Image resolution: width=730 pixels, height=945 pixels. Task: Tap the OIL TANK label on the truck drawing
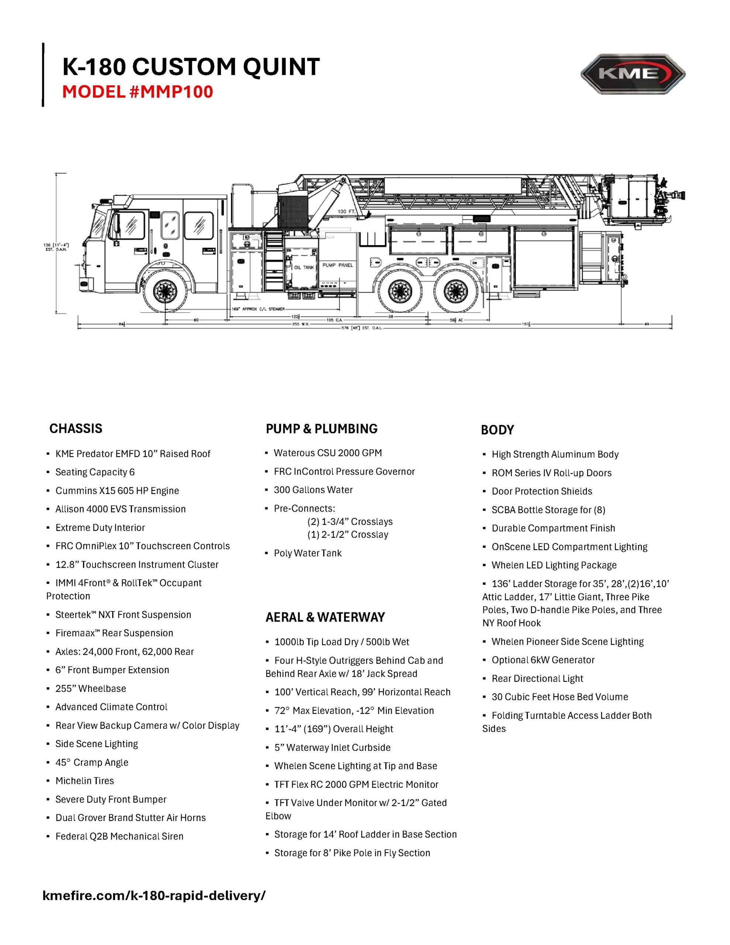pyautogui.click(x=304, y=267)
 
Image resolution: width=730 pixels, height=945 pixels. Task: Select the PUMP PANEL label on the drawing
pyautogui.click(x=338, y=265)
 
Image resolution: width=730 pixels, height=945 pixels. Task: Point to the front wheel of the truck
pyautogui.click(x=165, y=291)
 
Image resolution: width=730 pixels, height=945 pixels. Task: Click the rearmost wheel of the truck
pyautogui.click(x=453, y=291)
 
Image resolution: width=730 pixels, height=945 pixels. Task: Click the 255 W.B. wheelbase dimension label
pyautogui.click(x=301, y=324)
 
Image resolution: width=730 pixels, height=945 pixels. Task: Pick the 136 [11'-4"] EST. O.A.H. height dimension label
pyautogui.click(x=56, y=247)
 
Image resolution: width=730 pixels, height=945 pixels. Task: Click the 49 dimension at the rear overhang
pyautogui.click(x=647, y=324)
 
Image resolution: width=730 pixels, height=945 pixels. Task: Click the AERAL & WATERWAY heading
pyautogui.click(x=325, y=617)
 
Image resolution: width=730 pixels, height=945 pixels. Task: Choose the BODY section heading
pyautogui.click(x=497, y=430)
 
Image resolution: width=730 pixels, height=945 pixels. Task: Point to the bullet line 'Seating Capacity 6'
pyautogui.click(x=95, y=472)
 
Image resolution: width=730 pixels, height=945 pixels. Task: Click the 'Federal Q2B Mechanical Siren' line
pyautogui.click(x=119, y=836)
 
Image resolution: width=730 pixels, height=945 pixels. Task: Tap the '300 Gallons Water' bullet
pyautogui.click(x=313, y=490)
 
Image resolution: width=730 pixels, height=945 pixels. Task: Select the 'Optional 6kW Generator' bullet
pyautogui.click(x=543, y=660)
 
